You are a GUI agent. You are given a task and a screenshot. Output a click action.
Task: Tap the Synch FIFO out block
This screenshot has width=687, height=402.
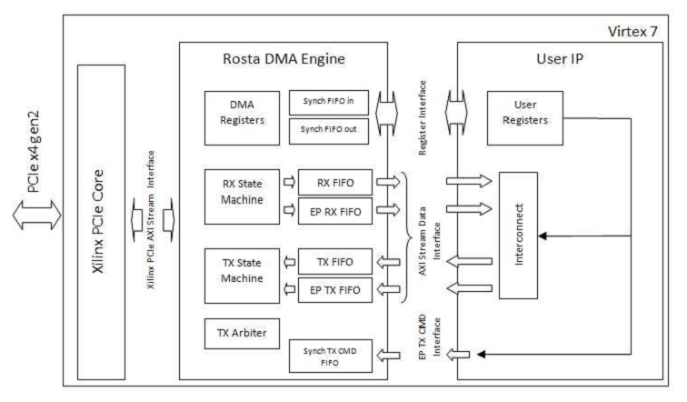click(x=328, y=129)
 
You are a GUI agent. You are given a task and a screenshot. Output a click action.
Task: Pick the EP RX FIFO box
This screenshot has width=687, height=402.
click(x=334, y=210)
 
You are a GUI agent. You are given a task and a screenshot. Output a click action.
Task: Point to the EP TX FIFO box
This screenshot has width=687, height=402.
click(x=334, y=290)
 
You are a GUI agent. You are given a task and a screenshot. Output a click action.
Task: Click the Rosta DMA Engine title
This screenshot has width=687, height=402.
click(x=284, y=60)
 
